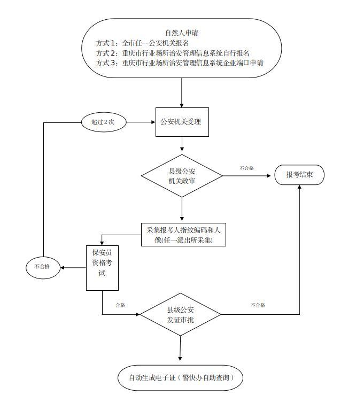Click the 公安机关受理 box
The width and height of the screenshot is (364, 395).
click(181, 122)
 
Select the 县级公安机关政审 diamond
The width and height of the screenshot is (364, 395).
click(182, 176)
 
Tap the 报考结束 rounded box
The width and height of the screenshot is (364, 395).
click(299, 175)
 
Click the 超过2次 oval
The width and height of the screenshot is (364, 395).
click(104, 122)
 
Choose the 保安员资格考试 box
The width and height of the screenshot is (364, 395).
click(102, 268)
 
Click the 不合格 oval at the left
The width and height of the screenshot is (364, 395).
click(45, 266)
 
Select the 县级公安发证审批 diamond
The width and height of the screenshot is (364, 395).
click(180, 315)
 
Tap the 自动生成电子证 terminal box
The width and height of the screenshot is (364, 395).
click(182, 377)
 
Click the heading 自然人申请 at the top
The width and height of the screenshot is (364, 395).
click(182, 33)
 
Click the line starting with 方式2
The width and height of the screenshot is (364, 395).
click(172, 53)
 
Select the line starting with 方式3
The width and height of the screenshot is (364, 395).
click(180, 63)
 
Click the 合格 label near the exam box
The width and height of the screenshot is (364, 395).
click(120, 305)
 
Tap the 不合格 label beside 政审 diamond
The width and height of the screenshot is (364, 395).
click(246, 168)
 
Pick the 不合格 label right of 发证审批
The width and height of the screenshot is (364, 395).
click(258, 305)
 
